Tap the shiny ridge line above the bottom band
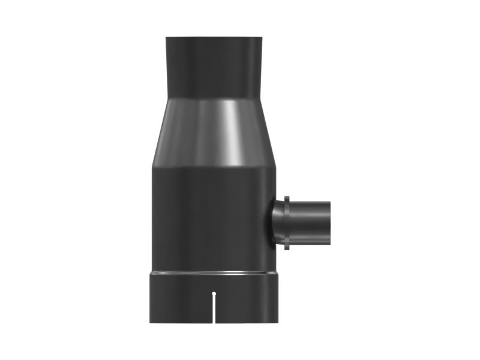coord(214,273)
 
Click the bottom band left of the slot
coord(180,300)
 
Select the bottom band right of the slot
coord(249,300)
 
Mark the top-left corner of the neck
coord(167,38)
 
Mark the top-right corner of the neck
coord(262,38)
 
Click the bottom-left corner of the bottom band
coord(151,323)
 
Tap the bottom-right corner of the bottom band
coord(278,323)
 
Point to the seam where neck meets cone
coord(214,98)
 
